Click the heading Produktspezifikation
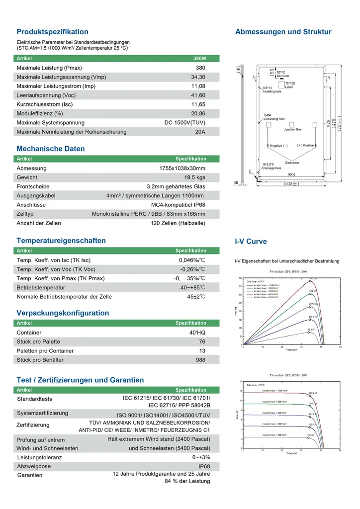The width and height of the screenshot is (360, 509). click(52, 32)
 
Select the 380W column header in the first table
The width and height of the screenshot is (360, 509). click(199, 59)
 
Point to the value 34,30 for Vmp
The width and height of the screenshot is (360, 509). click(198, 77)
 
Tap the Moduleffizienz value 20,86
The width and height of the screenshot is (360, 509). click(198, 113)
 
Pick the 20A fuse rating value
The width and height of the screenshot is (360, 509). click(200, 132)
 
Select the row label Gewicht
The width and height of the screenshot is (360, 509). click(27, 177)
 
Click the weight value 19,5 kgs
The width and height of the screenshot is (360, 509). click(194, 177)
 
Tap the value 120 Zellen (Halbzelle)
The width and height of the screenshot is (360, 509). click(178, 223)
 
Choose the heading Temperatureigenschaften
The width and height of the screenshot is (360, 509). click(61, 241)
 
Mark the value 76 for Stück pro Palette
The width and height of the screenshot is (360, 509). click(202, 342)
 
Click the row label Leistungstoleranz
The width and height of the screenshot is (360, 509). click(39, 457)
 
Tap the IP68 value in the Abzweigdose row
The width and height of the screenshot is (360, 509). click(204, 467)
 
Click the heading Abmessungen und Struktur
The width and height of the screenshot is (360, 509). click(283, 32)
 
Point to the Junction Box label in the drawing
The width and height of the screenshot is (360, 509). click(292, 129)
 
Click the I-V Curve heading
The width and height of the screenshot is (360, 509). click(251, 242)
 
